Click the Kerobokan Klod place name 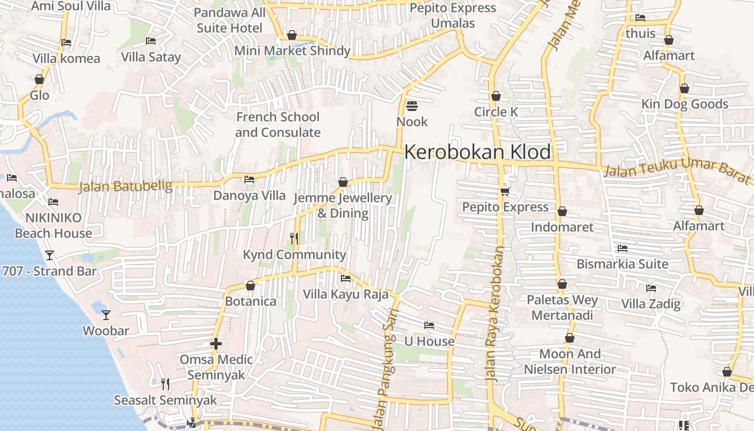478,152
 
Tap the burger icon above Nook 412,106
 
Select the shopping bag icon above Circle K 496,96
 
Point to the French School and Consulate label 278,124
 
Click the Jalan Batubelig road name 125,186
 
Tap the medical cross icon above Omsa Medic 216,344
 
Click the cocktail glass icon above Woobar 106,315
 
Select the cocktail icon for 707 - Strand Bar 50,255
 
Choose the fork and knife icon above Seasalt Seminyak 165,384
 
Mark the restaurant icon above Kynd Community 294,238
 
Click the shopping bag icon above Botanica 250,285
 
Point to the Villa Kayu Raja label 345,294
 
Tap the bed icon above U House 429,325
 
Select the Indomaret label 562,227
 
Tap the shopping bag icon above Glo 39,80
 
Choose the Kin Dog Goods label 685,104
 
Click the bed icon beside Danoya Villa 249,179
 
